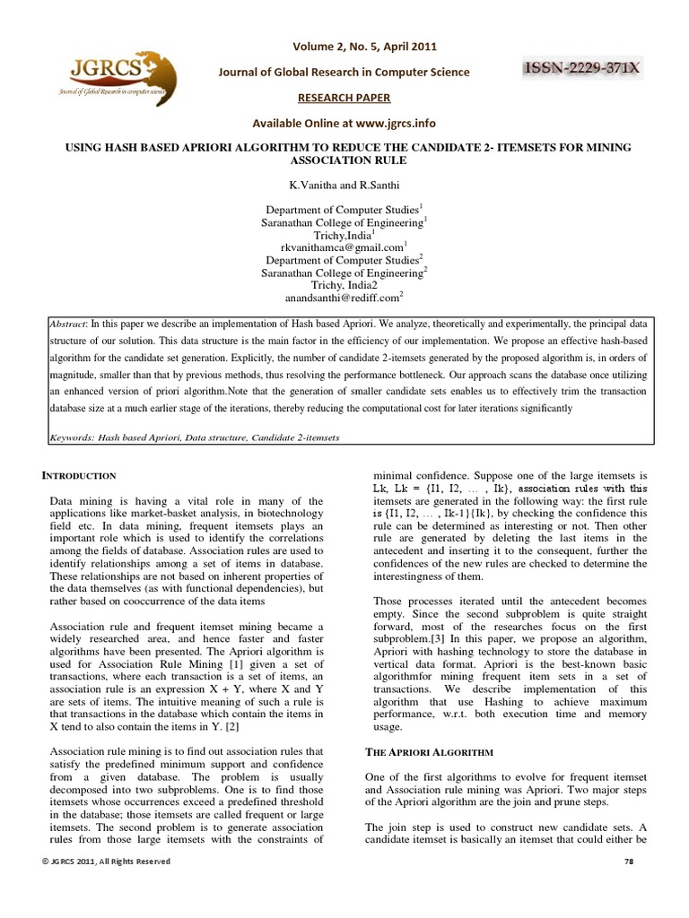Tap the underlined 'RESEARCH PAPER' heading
coord(344,97)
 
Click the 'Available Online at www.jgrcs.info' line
coord(344,122)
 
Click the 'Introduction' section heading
coord(81,475)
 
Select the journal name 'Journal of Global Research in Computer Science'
coord(345,73)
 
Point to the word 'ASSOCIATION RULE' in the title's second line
coord(344,160)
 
